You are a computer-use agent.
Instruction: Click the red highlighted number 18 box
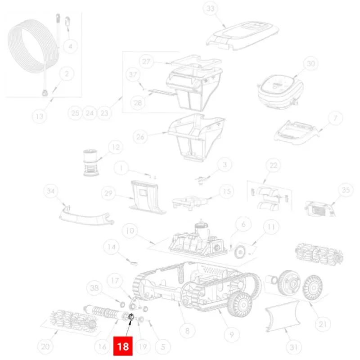(x=123, y=346)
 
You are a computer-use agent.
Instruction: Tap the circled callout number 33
(x=210, y=9)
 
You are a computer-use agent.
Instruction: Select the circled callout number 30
(x=310, y=63)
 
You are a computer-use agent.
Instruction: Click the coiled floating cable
(x=33, y=46)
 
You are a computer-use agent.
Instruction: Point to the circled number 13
(x=40, y=116)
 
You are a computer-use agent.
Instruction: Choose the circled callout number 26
(x=140, y=137)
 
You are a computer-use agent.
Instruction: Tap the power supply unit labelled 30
(x=280, y=92)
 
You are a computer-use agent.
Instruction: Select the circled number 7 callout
(x=335, y=118)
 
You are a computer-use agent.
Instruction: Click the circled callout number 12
(x=116, y=147)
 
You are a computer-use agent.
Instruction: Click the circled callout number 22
(x=273, y=166)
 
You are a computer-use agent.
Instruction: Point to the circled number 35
(x=346, y=190)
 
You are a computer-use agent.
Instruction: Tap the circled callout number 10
(x=130, y=230)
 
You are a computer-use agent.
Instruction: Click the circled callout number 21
(x=323, y=324)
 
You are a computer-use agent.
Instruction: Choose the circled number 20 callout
(x=45, y=346)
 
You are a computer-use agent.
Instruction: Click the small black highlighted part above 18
(x=131, y=317)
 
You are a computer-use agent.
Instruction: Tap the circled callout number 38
(x=94, y=288)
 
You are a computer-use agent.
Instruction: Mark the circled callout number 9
(x=231, y=335)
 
